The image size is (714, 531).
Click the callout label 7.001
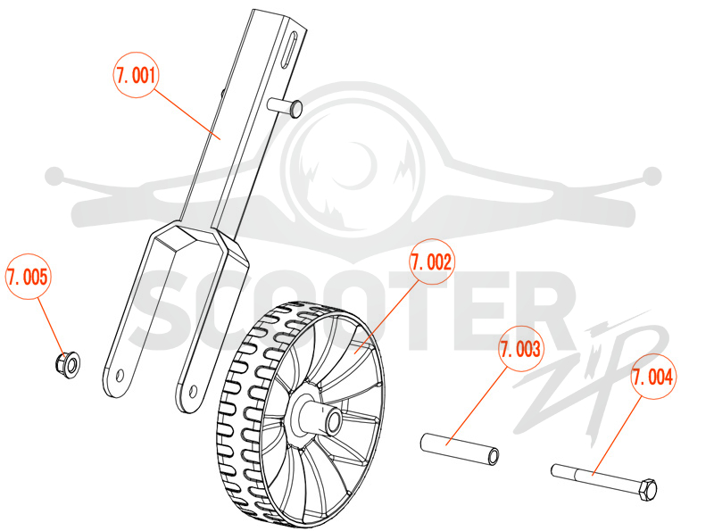(136, 75)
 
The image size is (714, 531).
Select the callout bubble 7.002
(431, 261)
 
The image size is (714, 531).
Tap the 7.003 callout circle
(520, 349)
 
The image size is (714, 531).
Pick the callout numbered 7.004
(653, 377)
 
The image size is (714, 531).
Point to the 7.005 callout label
(29, 277)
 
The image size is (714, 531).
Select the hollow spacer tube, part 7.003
(460, 449)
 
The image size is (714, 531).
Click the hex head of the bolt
(648, 490)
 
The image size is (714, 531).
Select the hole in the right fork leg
(193, 391)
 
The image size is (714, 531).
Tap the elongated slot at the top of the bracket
(289, 50)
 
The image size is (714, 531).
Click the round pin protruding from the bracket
(285, 107)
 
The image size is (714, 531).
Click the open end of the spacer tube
(493, 456)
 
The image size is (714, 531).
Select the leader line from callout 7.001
(187, 114)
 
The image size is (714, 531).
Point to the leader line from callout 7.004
(617, 436)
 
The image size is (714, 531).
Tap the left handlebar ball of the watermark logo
(54, 176)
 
